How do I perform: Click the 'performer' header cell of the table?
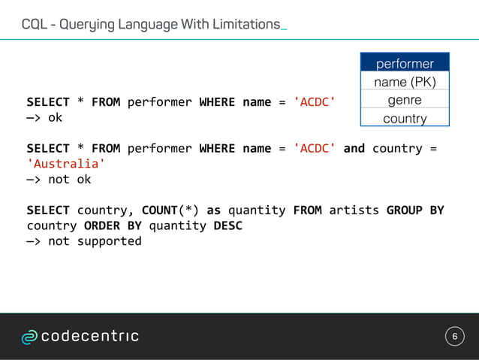405,63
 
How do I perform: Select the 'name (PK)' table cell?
405,82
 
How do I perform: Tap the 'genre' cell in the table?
405,100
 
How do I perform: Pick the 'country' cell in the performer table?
405,119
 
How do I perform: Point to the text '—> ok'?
44,118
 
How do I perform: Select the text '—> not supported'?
84,241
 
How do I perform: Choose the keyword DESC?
228,225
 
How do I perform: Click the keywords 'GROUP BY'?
415,210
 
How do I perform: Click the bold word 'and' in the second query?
354,148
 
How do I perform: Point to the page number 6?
453,336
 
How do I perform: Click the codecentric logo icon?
29,337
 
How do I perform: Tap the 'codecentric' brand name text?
89,336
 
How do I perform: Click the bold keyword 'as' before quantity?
213,210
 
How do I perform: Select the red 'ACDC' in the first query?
315,101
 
